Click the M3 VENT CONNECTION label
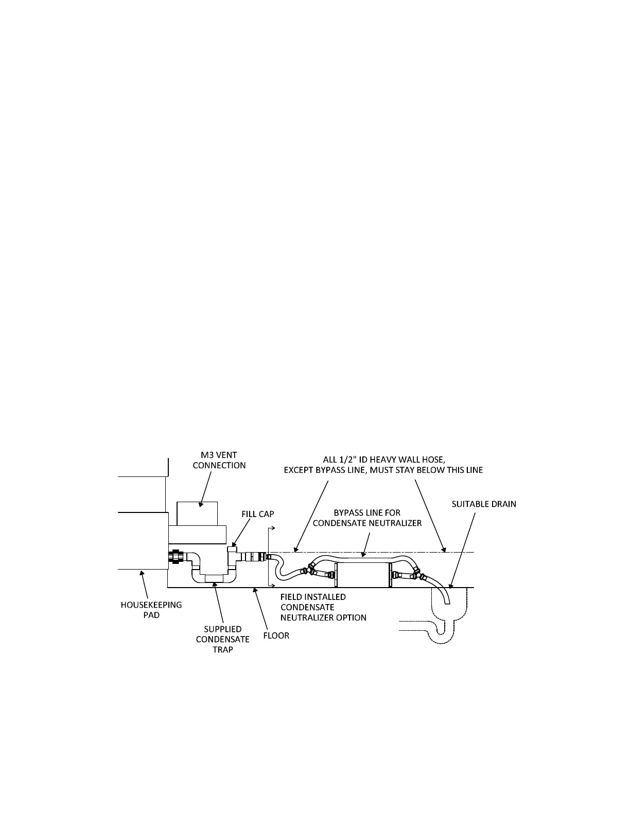[219, 459]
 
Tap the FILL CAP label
[258, 514]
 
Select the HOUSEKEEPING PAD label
[148, 610]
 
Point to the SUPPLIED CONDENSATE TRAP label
[222, 639]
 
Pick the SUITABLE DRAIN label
[484, 504]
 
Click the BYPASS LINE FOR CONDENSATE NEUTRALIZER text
[367, 518]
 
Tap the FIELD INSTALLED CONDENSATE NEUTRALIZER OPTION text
[323, 607]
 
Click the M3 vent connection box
[197, 513]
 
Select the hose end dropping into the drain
[444, 594]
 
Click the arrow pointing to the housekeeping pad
[144, 583]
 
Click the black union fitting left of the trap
[176, 557]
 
